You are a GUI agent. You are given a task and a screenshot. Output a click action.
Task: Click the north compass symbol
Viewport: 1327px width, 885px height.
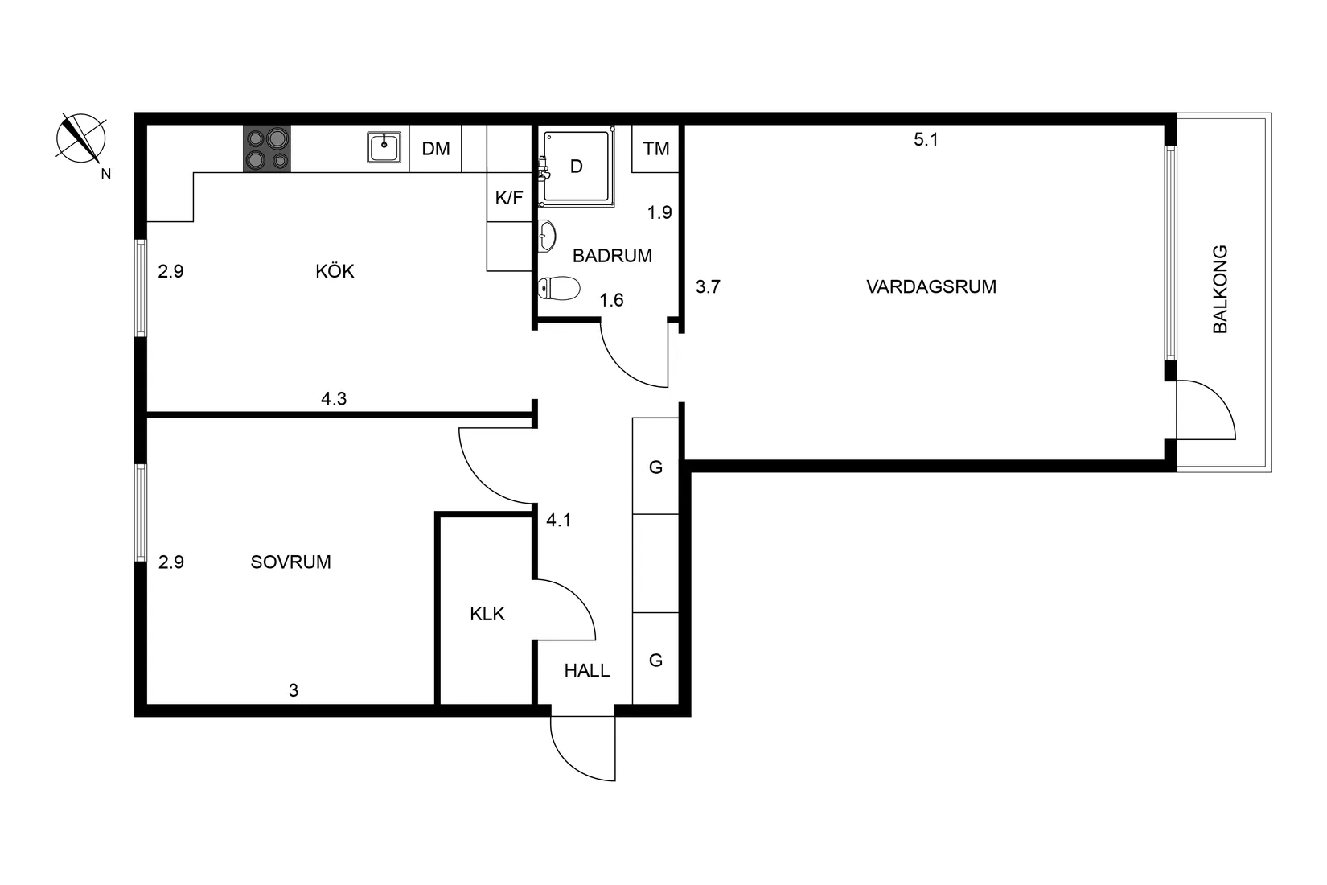[81, 138]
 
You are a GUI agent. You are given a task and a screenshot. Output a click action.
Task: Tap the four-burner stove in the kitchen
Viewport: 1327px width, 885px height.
[267, 149]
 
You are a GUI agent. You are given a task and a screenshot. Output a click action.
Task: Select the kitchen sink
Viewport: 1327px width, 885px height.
[384, 147]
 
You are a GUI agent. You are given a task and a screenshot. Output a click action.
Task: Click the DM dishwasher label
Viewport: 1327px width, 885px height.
[436, 149]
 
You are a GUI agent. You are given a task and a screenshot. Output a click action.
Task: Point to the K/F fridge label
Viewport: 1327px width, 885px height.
[509, 198]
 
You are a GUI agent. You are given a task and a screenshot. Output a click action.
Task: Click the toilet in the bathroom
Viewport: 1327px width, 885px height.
[558, 288]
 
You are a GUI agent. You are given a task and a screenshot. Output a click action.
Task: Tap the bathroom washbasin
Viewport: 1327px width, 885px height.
[548, 237]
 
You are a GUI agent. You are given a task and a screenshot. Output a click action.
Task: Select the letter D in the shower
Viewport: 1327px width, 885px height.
[576, 167]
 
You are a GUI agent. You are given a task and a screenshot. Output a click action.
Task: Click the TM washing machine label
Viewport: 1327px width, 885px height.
[656, 149]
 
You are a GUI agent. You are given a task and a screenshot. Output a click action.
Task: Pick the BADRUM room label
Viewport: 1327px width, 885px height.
[612, 256]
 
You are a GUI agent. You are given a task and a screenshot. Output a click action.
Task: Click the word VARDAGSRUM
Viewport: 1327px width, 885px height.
[931, 286]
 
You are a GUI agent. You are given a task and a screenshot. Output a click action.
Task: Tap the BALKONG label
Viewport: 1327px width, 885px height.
[1220, 289]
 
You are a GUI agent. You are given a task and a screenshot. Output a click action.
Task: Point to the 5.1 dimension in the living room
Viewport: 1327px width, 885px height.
[926, 140]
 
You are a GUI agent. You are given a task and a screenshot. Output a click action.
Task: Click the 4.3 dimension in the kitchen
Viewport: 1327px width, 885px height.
[334, 398]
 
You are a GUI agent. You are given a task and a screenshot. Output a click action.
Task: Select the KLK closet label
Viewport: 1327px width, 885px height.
[487, 614]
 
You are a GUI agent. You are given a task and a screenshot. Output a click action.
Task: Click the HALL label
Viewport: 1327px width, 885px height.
[587, 671]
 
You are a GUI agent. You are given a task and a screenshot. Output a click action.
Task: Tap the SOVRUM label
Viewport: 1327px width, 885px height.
[290, 562]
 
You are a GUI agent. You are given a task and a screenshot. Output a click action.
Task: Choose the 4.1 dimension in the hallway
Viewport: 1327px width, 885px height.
[559, 521]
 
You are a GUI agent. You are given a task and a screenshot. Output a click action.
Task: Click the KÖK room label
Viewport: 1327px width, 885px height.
[335, 271]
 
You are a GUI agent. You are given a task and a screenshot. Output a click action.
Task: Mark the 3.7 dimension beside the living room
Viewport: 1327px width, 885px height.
[708, 286]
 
